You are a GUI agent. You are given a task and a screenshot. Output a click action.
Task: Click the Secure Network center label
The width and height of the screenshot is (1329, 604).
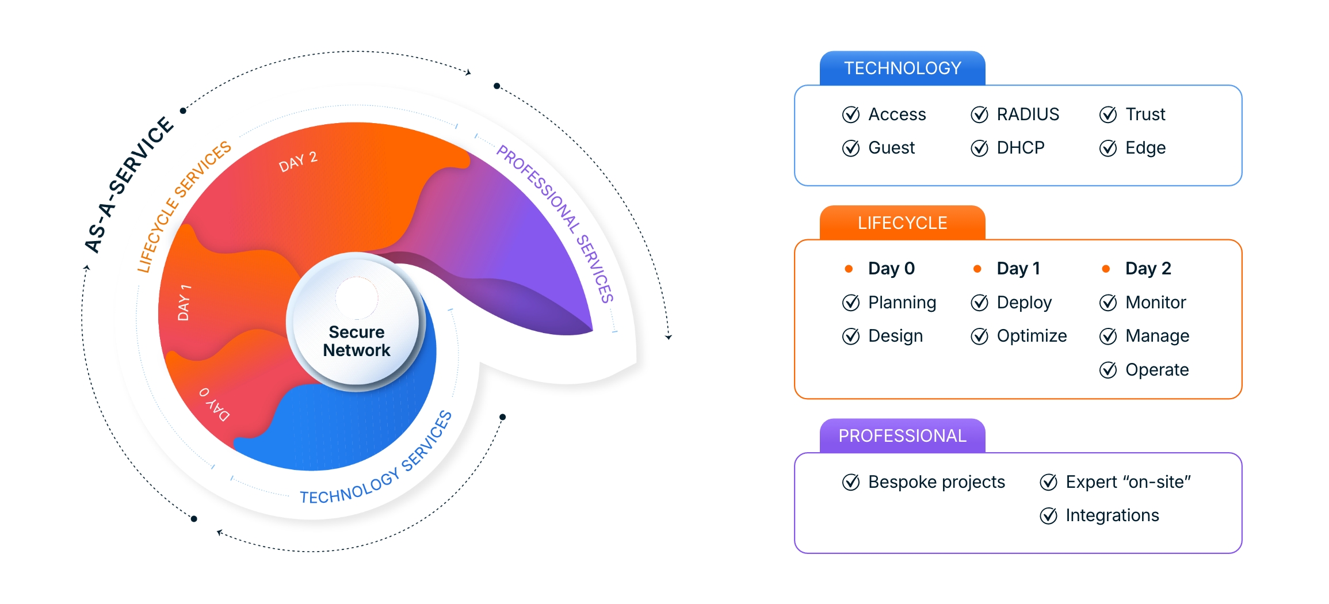click(x=357, y=341)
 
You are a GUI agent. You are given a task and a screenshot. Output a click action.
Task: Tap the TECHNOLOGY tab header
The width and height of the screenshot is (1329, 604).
click(x=902, y=68)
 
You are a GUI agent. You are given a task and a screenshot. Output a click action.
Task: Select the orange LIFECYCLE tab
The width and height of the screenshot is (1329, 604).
click(x=902, y=223)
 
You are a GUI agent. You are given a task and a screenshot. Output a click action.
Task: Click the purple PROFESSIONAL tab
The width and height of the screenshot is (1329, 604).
click(x=902, y=436)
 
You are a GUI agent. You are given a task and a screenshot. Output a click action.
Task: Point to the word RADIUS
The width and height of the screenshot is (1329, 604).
click(x=1028, y=114)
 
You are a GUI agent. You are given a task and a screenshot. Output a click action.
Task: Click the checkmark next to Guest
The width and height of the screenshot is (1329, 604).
click(x=851, y=148)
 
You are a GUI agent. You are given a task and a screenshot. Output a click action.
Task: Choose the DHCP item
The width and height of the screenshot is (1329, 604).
click(x=1020, y=148)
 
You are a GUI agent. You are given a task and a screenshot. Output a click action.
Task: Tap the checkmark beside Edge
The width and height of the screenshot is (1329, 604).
click(x=1108, y=148)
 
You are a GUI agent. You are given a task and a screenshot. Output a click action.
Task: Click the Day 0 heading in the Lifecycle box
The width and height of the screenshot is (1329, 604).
click(x=891, y=269)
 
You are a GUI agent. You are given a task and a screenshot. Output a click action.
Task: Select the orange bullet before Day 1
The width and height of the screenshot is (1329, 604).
click(x=977, y=269)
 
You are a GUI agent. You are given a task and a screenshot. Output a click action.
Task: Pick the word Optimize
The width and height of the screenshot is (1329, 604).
click(x=1032, y=336)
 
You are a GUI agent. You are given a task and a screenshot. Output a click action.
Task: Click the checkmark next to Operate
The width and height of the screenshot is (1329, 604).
click(x=1108, y=370)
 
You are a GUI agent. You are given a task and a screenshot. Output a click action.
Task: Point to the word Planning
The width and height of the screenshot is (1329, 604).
click(x=902, y=303)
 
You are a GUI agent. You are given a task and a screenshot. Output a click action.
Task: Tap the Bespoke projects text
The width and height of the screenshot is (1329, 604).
click(x=937, y=482)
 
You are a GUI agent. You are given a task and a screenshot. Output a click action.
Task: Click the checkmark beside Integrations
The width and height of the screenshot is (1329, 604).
click(x=1049, y=516)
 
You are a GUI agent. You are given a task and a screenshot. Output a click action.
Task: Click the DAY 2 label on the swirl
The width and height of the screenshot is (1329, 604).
click(x=298, y=162)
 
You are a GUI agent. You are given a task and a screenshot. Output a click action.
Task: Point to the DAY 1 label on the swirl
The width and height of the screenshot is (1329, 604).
click(x=184, y=303)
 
